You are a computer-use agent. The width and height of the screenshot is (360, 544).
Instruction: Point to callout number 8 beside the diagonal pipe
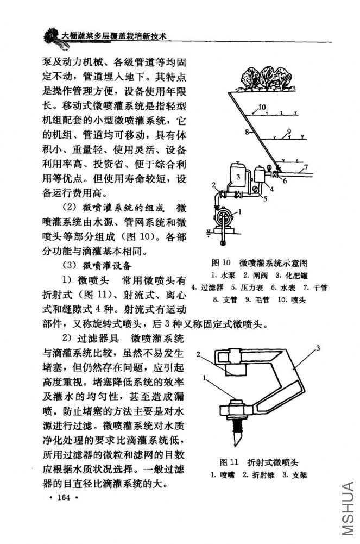pos(247,132)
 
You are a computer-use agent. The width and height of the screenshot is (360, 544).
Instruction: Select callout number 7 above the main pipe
pos(306,166)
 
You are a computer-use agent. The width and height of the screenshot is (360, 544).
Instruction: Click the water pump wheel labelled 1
pos(223,216)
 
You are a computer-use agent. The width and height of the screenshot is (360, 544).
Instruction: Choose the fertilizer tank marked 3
pos(238,176)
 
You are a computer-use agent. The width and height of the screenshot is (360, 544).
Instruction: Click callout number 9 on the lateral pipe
pos(289,131)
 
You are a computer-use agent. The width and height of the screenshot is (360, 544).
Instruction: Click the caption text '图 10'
pos(222,262)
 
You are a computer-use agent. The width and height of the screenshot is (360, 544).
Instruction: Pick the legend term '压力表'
pos(250,287)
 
